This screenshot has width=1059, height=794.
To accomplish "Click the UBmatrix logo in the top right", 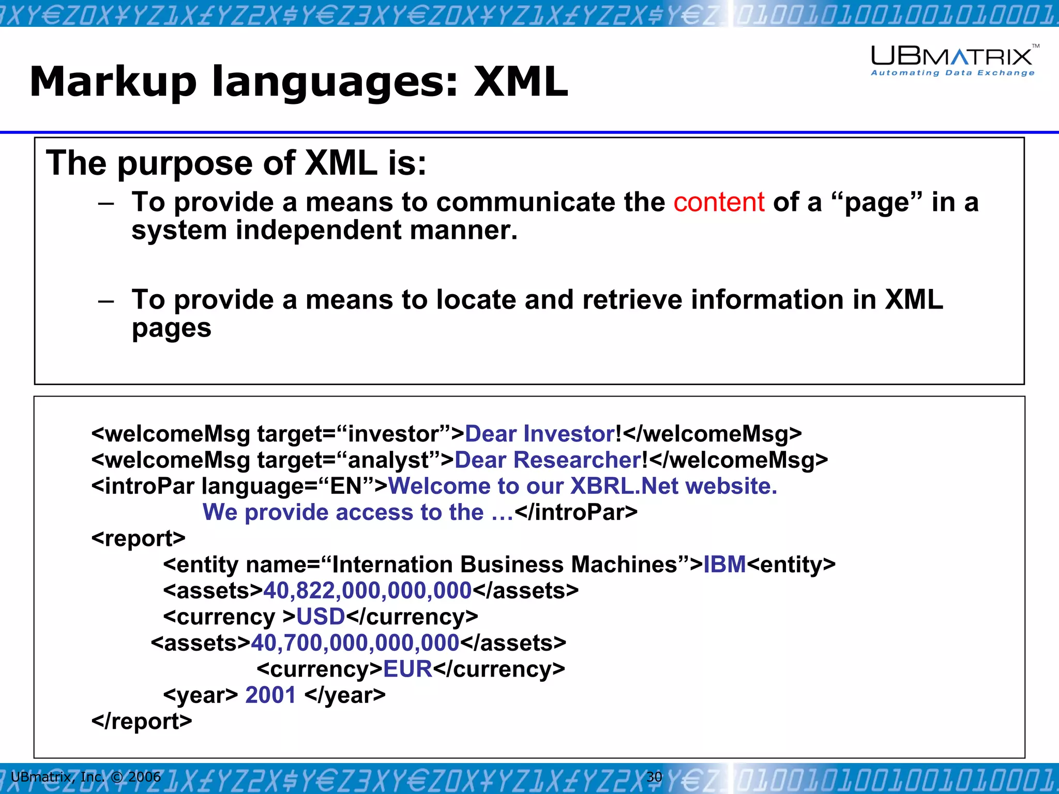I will click(x=952, y=60).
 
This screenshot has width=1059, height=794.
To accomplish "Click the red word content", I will click(x=718, y=202).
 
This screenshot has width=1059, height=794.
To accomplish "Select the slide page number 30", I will click(x=654, y=776).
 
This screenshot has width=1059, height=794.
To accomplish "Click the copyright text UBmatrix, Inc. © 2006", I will click(x=86, y=776).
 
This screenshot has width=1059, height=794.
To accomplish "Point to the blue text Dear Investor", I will click(x=540, y=434).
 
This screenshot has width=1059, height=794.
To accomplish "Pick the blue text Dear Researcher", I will click(x=548, y=460).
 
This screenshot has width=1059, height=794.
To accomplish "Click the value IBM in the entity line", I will click(x=724, y=564).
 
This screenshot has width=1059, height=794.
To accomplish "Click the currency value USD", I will click(x=321, y=617).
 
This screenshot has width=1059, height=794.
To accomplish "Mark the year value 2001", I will click(x=270, y=695).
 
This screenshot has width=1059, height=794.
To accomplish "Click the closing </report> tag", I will click(x=141, y=722).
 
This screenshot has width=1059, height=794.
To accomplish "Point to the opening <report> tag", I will click(x=138, y=539).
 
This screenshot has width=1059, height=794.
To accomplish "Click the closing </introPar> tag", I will click(x=576, y=512).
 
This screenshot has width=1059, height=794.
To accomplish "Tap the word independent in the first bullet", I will click(x=319, y=230).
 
